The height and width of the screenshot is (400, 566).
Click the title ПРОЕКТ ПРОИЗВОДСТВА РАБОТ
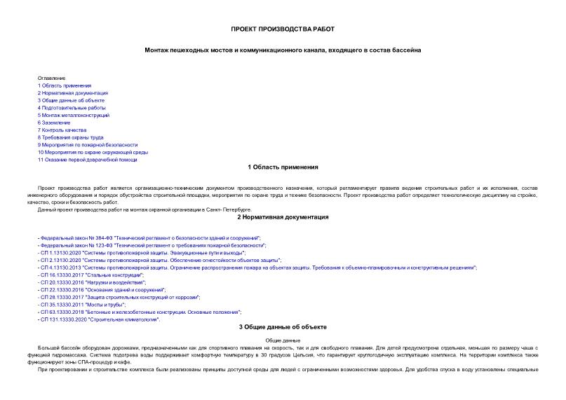pos(283,29)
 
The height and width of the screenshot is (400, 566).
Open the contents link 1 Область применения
pos(65,85)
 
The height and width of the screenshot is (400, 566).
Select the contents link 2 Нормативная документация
pos(73,92)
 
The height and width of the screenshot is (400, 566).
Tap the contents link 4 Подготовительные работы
pos(72,108)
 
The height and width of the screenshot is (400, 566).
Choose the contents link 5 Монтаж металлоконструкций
pos(74,115)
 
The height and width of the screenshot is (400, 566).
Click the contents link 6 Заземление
pos(54,123)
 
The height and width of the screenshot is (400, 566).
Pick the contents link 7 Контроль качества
pos(62,130)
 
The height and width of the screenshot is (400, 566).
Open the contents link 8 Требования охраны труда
pos(70,137)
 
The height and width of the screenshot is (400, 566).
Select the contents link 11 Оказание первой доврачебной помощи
pos(87,160)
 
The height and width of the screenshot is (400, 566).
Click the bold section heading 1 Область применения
pos(283,167)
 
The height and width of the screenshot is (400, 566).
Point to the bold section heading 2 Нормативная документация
pos(283,217)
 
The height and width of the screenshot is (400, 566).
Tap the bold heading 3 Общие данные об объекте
pos(283,327)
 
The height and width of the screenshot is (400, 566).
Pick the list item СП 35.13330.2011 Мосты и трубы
pos(83,305)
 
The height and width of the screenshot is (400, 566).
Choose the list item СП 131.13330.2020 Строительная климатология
pos(100,319)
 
